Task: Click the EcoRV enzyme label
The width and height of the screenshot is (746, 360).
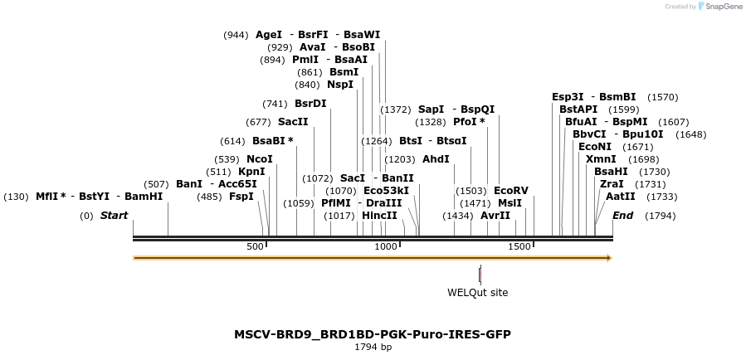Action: (510, 190)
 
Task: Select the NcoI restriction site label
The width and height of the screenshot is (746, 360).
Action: (260, 159)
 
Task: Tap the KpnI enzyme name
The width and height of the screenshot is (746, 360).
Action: (251, 172)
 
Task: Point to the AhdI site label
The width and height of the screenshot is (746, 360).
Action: (436, 159)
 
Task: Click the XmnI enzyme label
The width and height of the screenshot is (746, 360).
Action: (601, 159)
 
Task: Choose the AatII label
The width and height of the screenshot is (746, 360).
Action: (621, 197)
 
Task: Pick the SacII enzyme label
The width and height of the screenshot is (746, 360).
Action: (293, 122)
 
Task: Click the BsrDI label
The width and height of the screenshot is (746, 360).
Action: (310, 104)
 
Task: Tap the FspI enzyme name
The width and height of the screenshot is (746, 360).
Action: (241, 197)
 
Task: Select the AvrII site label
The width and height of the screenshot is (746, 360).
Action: (495, 216)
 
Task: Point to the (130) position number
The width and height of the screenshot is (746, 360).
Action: (16, 197)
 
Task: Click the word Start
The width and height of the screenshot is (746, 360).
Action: (115, 216)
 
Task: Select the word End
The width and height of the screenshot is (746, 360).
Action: (622, 216)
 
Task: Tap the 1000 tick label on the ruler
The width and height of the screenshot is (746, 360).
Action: (386, 246)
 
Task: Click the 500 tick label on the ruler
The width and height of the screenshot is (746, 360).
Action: (255, 246)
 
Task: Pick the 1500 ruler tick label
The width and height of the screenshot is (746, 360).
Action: (519, 246)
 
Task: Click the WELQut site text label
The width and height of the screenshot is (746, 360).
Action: (477, 292)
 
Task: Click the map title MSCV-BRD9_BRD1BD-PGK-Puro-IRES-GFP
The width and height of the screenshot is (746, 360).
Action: (373, 334)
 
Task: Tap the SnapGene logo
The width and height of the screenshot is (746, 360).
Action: (719, 7)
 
